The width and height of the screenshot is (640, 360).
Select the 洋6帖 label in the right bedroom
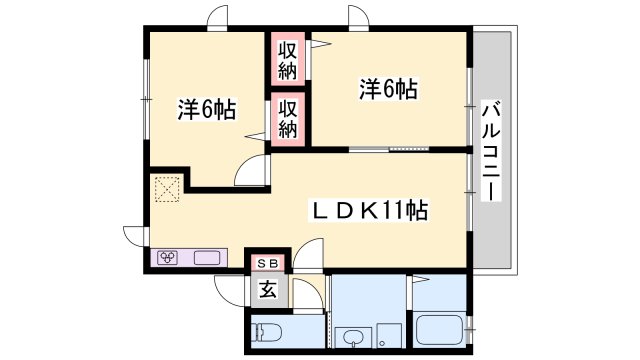click(x=388, y=90)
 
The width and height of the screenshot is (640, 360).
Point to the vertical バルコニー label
click(x=490, y=150)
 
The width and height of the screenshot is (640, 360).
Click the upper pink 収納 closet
click(x=287, y=59)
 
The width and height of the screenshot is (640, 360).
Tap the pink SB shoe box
click(x=267, y=263)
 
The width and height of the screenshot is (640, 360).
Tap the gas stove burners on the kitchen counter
click(x=168, y=258)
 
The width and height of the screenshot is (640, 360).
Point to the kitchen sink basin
click(x=207, y=258)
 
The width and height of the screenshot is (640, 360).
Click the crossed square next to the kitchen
click(x=166, y=188)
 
